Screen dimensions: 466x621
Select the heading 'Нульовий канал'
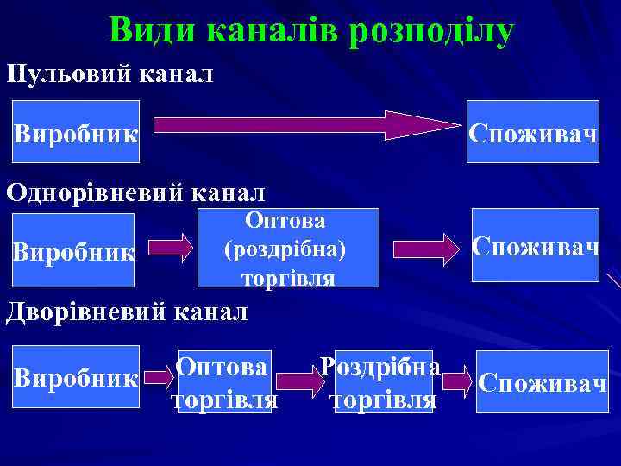tap(110, 72)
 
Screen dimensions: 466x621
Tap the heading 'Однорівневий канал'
tap(136, 191)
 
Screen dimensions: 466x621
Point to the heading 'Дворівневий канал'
tap(127, 310)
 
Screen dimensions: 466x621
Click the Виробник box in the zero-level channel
tap(76, 131)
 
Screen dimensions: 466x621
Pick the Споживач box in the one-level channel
tap(535, 246)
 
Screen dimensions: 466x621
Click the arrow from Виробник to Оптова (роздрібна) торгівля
tap(175, 248)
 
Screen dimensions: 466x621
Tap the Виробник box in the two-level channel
tap(76, 376)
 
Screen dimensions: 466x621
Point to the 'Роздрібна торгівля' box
tap(383, 381)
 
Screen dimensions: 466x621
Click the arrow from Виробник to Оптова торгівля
tap(157, 377)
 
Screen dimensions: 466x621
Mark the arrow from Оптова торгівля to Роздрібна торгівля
tap(304, 378)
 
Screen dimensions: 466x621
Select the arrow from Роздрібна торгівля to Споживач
tap(456, 378)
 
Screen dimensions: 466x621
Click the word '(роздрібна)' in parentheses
tap(285, 249)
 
